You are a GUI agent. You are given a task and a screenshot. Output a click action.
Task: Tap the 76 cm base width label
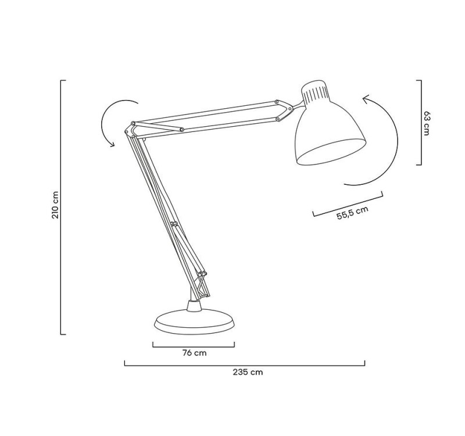(x=194, y=353)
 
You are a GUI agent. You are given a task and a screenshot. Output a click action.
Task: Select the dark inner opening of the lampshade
(x=330, y=152)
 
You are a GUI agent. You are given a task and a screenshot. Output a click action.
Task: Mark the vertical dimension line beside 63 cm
(x=420, y=123)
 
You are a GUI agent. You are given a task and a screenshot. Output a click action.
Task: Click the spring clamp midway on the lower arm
(x=173, y=223)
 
